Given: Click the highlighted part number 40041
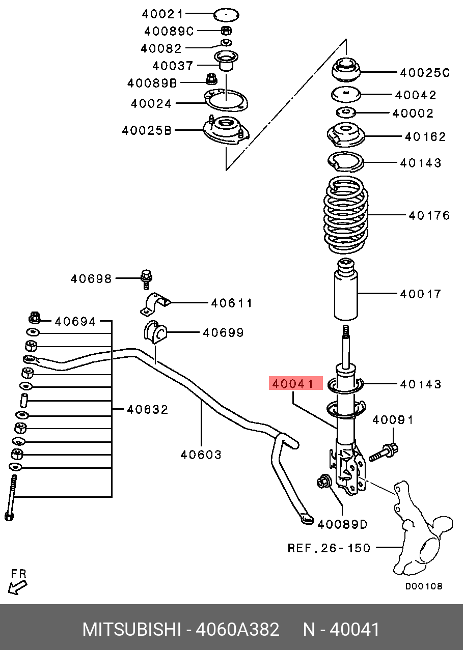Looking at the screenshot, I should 295,383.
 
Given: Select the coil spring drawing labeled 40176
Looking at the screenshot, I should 346,215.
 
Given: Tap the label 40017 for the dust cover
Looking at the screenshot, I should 420,294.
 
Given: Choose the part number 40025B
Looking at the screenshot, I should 147,131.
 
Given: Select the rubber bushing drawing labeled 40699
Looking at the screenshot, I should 154,333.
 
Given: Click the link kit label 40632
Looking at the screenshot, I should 147,409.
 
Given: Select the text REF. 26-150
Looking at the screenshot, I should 329,548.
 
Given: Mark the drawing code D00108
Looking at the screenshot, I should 423,586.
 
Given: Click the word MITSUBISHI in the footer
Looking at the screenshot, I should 131,630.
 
